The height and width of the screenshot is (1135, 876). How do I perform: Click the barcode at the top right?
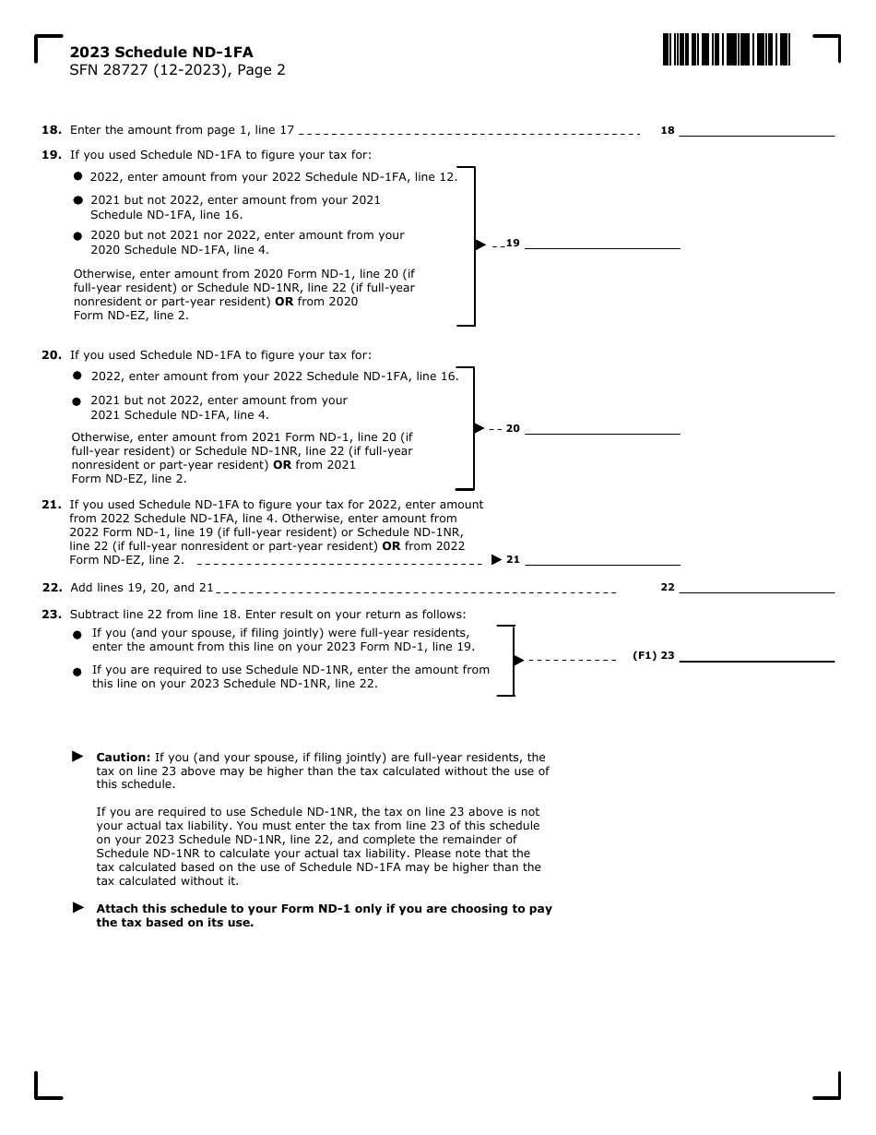pos(726,49)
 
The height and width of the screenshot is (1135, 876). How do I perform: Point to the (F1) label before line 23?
pos(644,656)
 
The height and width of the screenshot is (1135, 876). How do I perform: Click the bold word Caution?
pos(124,758)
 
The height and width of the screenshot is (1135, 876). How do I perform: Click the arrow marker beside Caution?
pos(77,756)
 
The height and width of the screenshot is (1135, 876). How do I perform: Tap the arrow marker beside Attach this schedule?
pos(77,907)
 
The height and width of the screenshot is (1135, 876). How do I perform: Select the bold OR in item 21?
pos(391,546)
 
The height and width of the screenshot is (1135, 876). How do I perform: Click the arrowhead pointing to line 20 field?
pos(479,428)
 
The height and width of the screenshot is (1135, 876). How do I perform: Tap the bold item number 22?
pos(52,588)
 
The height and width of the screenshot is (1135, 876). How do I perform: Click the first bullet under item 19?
pos(77,175)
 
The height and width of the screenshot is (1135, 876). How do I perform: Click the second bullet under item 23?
pos(77,672)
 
